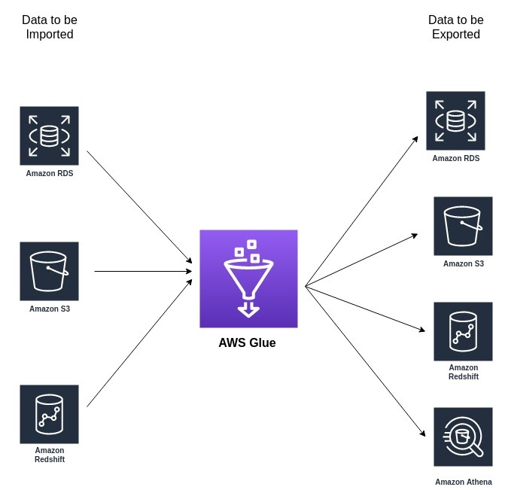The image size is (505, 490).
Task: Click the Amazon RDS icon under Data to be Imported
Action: point(49,135)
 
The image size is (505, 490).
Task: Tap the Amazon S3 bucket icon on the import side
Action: point(49,271)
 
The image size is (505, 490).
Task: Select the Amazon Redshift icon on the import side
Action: point(49,414)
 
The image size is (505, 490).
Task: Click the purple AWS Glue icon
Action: point(248,278)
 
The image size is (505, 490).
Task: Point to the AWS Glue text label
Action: point(247,343)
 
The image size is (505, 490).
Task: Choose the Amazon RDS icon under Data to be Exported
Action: point(455,120)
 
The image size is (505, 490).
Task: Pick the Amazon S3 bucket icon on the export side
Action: point(463,226)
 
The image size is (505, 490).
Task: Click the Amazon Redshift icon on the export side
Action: point(463,331)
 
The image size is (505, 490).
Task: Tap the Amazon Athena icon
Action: point(463,437)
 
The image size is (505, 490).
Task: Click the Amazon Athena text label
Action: point(463,482)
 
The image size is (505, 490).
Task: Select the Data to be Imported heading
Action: point(50,27)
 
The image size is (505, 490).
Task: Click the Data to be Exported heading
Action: point(456,27)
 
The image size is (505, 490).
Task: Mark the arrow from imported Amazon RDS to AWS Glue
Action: point(139,206)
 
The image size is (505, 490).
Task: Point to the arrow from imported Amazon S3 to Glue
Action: point(143,271)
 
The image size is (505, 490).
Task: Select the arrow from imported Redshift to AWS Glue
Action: point(139,343)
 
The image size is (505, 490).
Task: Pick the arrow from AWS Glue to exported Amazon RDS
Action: point(361,212)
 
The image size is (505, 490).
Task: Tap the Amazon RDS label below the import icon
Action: point(50,173)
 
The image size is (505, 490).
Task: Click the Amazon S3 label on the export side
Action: point(463,263)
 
